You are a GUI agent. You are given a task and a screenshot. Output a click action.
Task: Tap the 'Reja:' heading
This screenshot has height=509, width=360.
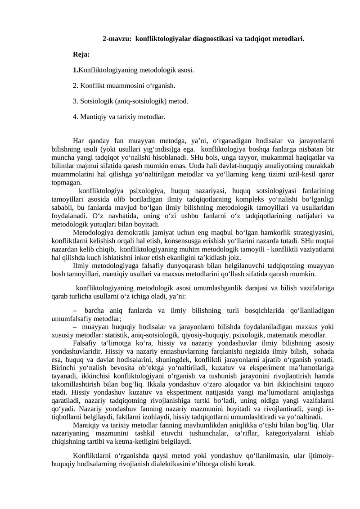click(x=81, y=55)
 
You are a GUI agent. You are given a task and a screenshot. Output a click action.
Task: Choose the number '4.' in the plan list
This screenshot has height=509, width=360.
click(x=76, y=117)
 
